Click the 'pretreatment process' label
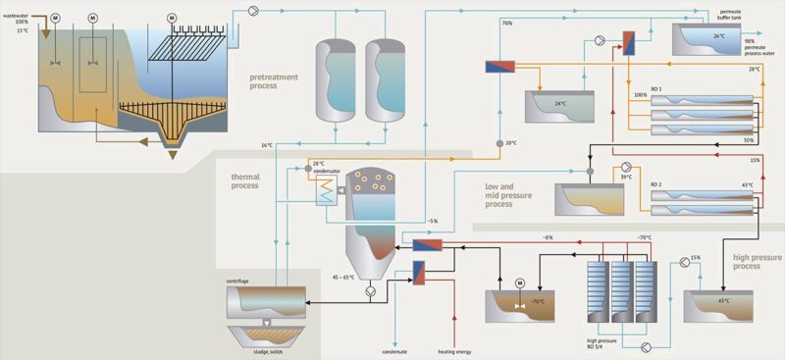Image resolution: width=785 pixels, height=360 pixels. click(x=277, y=80)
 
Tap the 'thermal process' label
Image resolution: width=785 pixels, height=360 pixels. click(x=245, y=180)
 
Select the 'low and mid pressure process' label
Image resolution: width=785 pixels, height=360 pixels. click(x=513, y=193)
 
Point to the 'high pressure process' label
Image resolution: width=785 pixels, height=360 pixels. click(x=759, y=261)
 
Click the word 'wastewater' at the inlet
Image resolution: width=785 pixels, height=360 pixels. click(x=20, y=15)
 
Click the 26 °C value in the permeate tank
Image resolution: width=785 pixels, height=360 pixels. click(x=718, y=36)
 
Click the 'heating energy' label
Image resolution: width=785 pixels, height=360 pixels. click(x=456, y=351)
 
